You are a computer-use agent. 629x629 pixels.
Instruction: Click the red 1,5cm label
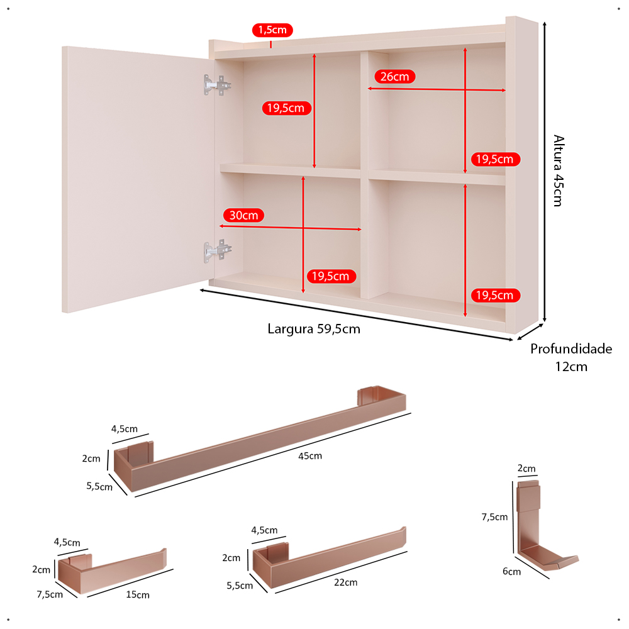pos(272,30)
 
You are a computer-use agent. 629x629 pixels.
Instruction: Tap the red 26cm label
pos(395,77)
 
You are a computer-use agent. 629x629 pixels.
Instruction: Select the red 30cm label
pos(243,215)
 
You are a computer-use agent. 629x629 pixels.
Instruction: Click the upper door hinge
pos(217,85)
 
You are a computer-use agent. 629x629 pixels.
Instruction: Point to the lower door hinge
pos(217,251)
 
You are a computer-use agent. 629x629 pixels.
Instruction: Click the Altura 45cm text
pos(559,170)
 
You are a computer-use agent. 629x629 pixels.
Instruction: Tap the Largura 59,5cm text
pos(314,329)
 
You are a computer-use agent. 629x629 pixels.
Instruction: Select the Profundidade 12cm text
pos(571,357)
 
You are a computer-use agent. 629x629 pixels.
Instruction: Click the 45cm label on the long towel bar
pos(310,456)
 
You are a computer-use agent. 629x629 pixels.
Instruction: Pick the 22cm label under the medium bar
pos(346,582)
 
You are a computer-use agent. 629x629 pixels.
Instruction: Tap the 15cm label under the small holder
pos(138,594)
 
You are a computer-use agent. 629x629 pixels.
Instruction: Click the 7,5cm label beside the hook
pos(494,517)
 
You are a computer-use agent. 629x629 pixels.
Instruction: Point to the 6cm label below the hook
pos(512,572)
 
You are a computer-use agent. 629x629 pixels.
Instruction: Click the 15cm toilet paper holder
pos(112,571)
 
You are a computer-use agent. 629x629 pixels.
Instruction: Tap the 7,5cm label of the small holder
pos(50,594)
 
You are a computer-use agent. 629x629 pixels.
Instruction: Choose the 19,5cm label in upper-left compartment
pos(286,108)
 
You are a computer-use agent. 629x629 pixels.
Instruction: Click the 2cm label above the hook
pos(526,469)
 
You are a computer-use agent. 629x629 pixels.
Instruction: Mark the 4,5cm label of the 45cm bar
pos(125,429)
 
